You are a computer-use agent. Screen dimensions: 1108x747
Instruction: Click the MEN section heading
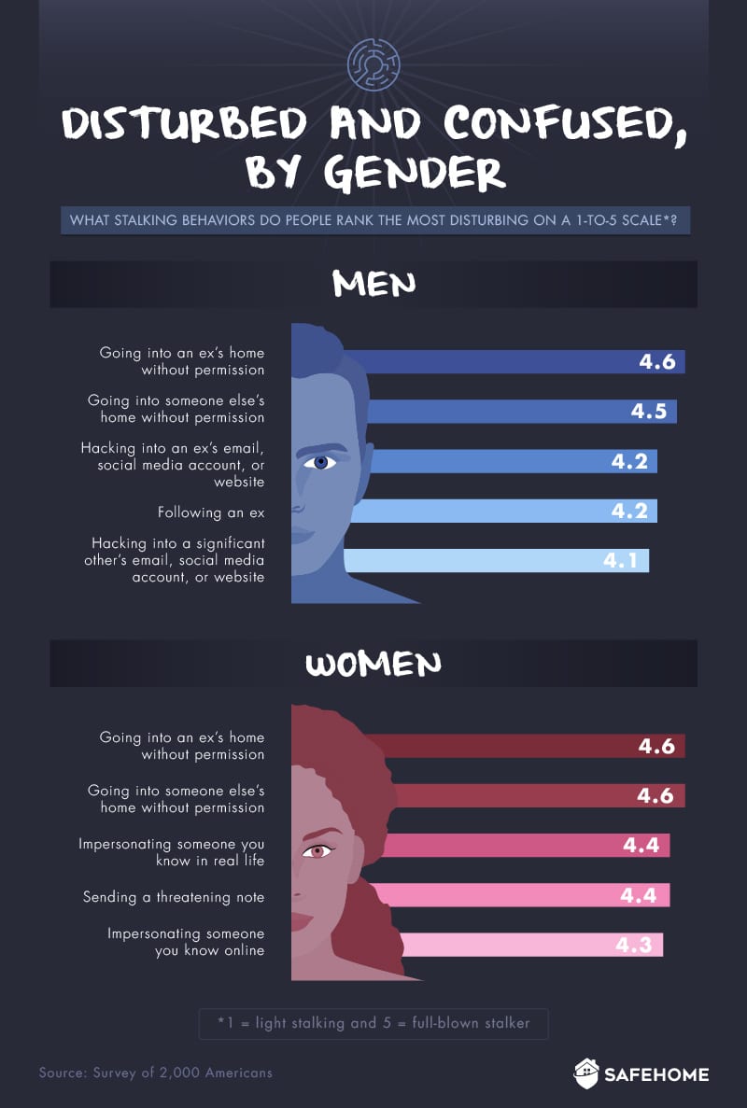[373, 285]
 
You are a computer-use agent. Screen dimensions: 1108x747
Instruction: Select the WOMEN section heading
[373, 664]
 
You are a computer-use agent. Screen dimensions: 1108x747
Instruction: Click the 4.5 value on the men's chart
[648, 411]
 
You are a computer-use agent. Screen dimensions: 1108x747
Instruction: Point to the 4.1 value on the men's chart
[621, 561]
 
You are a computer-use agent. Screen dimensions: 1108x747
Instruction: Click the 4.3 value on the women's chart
[634, 944]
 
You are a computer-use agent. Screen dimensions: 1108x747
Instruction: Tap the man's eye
[320, 461]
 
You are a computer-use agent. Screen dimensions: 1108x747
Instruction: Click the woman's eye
[317, 850]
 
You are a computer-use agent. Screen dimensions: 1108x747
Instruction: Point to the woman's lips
[301, 921]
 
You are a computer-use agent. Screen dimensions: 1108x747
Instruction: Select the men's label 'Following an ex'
[211, 512]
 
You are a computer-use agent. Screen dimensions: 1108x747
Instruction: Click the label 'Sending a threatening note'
[174, 897]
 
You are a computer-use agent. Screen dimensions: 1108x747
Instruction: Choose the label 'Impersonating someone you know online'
[186, 942]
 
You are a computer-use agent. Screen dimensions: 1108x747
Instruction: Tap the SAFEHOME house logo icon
[585, 1073]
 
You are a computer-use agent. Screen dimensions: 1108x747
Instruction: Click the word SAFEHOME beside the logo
[656, 1074]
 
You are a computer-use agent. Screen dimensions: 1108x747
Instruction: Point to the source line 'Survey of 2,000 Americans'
[156, 1073]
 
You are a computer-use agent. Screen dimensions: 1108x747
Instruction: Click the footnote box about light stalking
[373, 1023]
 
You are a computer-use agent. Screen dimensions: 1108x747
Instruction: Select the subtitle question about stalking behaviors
[374, 221]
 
